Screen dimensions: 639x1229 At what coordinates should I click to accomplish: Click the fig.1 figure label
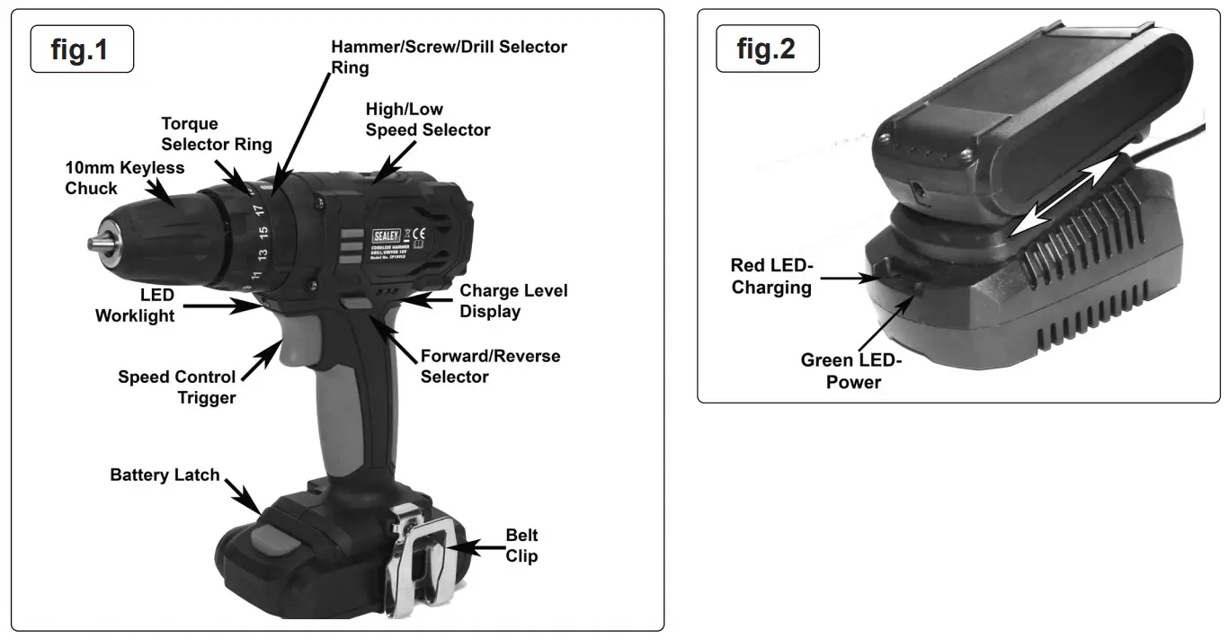[x=81, y=49]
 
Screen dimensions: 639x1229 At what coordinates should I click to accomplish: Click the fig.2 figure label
[x=767, y=49]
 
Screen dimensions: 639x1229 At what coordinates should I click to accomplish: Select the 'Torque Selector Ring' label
[x=216, y=133]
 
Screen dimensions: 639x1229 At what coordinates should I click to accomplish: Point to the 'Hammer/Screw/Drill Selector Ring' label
[x=449, y=56]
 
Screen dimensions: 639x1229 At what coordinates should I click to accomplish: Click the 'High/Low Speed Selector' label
[x=427, y=120]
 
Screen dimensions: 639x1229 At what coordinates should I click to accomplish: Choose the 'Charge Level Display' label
[x=513, y=301]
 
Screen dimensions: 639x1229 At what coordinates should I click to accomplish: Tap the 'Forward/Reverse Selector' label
[x=490, y=366]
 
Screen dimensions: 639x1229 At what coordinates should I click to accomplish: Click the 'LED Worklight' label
[x=135, y=306]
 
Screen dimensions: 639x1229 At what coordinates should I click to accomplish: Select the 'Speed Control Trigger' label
[x=177, y=387]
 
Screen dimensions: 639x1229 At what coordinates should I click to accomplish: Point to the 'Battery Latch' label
[x=165, y=475]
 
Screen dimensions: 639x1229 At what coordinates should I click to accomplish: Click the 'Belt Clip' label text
[x=521, y=546]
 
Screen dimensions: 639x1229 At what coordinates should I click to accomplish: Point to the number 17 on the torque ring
[x=258, y=210]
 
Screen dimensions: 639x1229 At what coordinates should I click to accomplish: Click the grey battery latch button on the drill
[x=272, y=538]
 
